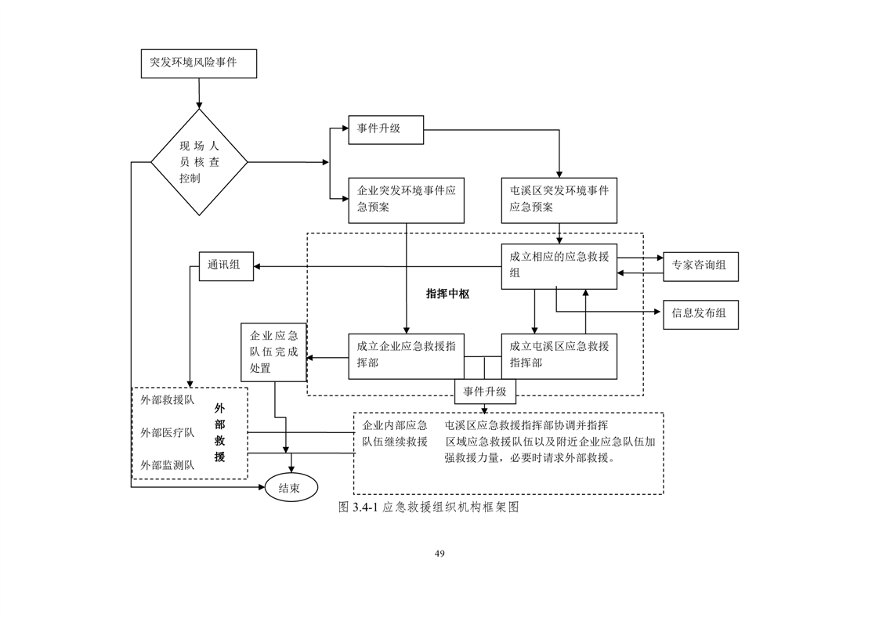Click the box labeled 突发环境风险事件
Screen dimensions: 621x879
[199, 63]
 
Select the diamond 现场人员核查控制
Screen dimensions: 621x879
[199, 162]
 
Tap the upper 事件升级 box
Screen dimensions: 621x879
[385, 129]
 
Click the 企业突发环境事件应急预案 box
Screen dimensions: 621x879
[407, 200]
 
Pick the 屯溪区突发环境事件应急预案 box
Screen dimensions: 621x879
[559, 200]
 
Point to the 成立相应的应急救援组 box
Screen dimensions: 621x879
[559, 266]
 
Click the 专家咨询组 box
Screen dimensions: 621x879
[700, 266]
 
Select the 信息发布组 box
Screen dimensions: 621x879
[700, 314]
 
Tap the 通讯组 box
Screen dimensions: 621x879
[226, 266]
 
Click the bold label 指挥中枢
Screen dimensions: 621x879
[447, 294]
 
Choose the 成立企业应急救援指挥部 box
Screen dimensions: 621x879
[407, 356]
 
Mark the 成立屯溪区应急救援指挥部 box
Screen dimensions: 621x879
[559, 356]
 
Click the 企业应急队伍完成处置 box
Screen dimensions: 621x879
[273, 352]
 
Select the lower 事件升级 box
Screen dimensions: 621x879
[485, 392]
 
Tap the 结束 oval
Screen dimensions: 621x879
[291, 488]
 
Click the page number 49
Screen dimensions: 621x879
[439, 554]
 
